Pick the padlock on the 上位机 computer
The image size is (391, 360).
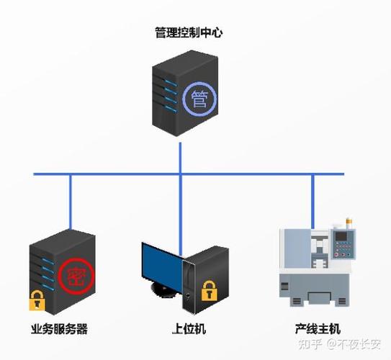[209, 291]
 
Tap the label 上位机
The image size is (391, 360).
[190, 328]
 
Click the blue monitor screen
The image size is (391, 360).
[162, 263]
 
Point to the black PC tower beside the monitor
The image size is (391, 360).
[209, 277]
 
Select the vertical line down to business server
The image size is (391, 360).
[70, 202]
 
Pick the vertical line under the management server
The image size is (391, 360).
[180, 155]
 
